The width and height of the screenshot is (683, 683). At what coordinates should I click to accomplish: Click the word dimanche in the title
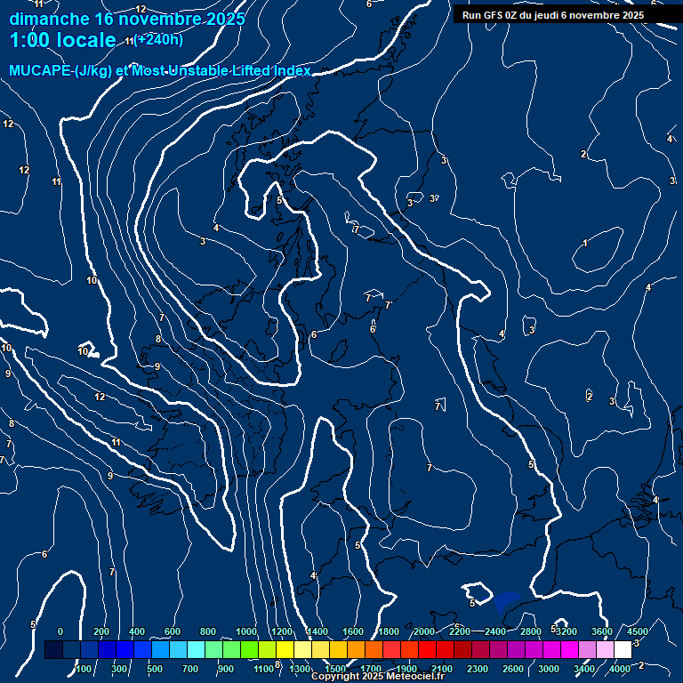click(x=48, y=19)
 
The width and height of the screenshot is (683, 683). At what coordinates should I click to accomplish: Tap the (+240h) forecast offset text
click(x=160, y=39)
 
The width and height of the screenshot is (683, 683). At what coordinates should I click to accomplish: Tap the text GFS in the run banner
click(x=493, y=15)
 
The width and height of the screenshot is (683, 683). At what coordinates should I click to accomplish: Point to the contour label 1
click(x=585, y=243)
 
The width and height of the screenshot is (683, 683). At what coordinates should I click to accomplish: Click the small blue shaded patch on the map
click(x=508, y=601)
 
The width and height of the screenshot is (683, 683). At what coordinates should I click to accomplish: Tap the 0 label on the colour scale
click(x=60, y=631)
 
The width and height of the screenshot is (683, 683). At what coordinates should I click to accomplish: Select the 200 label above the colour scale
click(x=100, y=631)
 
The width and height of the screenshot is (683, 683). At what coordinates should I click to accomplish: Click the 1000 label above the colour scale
click(x=246, y=631)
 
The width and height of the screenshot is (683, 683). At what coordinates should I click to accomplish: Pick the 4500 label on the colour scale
click(x=637, y=631)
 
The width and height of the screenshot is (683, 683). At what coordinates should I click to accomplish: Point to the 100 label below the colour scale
click(x=84, y=668)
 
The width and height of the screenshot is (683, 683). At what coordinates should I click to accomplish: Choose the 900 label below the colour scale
click(x=226, y=668)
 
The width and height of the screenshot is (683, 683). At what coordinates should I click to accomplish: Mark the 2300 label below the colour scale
click(x=478, y=668)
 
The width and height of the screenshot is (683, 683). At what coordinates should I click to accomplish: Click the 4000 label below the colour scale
click(x=620, y=668)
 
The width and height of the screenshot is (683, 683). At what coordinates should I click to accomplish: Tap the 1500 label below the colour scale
click(x=335, y=668)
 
